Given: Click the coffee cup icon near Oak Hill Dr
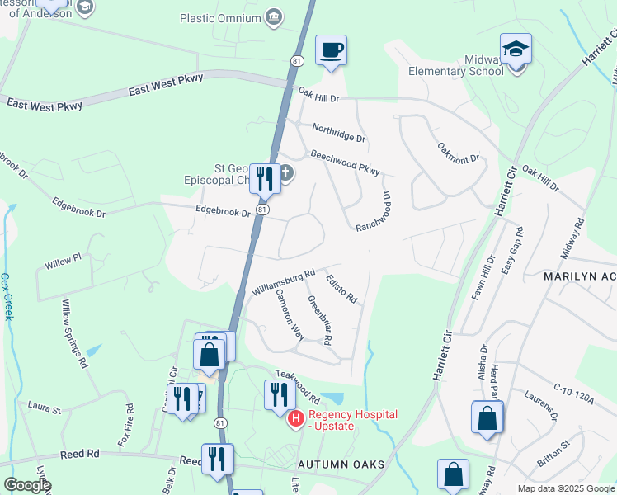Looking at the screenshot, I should pyautogui.click(x=331, y=50).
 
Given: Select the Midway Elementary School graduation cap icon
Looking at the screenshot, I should pyautogui.click(x=516, y=49).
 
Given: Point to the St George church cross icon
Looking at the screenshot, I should pyautogui.click(x=285, y=173).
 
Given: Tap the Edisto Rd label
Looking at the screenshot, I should pyautogui.click(x=340, y=288).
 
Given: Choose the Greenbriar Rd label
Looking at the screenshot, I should pyautogui.click(x=319, y=319).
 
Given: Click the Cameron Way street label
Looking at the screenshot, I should pyautogui.click(x=290, y=314).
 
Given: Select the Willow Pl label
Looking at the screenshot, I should pyautogui.click(x=64, y=260).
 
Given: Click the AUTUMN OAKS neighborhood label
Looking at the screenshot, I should pyautogui.click(x=341, y=465).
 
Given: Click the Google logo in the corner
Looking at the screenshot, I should pyautogui.click(x=27, y=485).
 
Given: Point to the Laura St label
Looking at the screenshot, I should pyautogui.click(x=45, y=407).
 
